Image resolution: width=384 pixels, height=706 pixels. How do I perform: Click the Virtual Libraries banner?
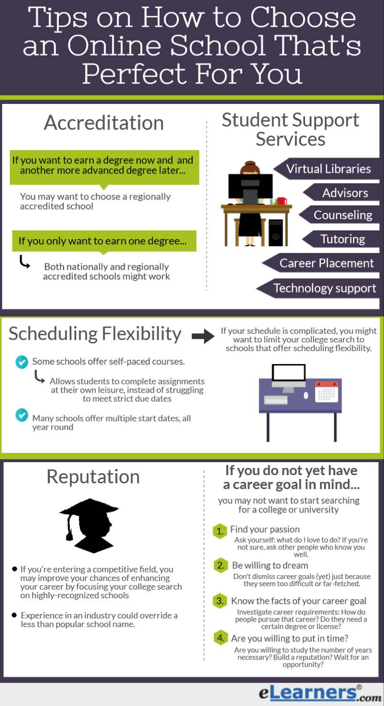click(329, 169)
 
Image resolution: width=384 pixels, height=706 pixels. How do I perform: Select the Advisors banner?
click(344, 193)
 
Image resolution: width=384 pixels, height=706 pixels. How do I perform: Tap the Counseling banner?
click(342, 215)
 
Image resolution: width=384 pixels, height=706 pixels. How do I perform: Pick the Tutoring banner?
click(342, 239)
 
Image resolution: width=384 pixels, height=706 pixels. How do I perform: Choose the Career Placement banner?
click(327, 263)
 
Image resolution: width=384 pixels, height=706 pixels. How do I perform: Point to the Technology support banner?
click(324, 288)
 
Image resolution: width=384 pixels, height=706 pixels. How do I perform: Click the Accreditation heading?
click(104, 123)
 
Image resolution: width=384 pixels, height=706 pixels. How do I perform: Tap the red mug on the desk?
click(282, 201)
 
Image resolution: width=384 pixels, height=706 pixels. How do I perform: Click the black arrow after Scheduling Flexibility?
click(203, 336)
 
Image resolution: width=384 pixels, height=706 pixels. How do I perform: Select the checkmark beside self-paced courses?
click(22, 362)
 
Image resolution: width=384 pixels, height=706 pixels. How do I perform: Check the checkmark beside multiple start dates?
click(22, 415)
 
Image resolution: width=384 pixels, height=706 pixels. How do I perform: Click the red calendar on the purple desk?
click(327, 391)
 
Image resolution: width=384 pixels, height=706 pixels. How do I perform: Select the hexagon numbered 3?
click(219, 601)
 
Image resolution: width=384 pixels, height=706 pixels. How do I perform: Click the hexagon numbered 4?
click(219, 638)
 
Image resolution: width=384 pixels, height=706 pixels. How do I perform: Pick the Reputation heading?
click(93, 477)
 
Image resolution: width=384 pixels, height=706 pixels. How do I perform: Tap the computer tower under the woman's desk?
click(275, 233)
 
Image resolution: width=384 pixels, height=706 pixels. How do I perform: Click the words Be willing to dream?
click(270, 565)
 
